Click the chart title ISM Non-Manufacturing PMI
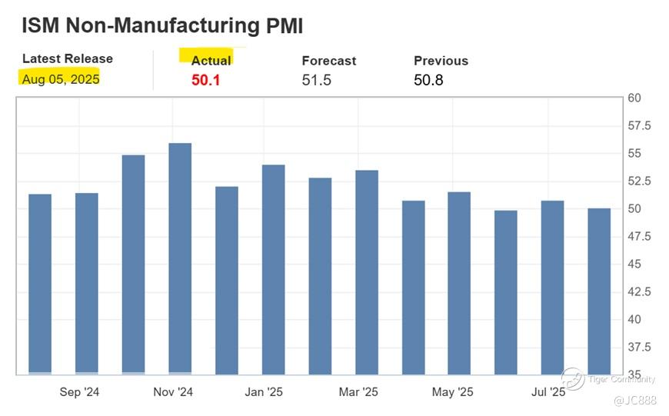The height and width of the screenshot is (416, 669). click(x=162, y=25)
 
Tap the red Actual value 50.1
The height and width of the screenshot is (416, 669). click(x=206, y=80)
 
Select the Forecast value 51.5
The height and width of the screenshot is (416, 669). click(x=316, y=80)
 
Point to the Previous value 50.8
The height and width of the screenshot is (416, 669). click(x=428, y=80)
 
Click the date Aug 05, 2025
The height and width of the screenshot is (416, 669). click(x=61, y=79)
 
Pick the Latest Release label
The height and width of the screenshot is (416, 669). click(x=67, y=58)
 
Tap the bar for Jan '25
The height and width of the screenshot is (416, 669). click(x=273, y=269)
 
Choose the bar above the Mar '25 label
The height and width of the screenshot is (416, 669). click(x=367, y=272)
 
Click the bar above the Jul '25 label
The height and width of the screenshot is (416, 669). click(x=552, y=288)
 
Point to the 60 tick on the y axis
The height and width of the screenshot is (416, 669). click(x=634, y=98)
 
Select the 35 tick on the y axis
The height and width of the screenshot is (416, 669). click(x=634, y=374)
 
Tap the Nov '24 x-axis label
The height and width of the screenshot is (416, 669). click(x=173, y=392)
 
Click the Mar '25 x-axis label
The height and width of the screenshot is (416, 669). click(x=358, y=392)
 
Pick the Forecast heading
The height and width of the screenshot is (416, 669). click(x=328, y=61)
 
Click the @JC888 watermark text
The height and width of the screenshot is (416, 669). click(x=635, y=401)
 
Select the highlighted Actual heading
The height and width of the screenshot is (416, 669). click(x=211, y=61)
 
